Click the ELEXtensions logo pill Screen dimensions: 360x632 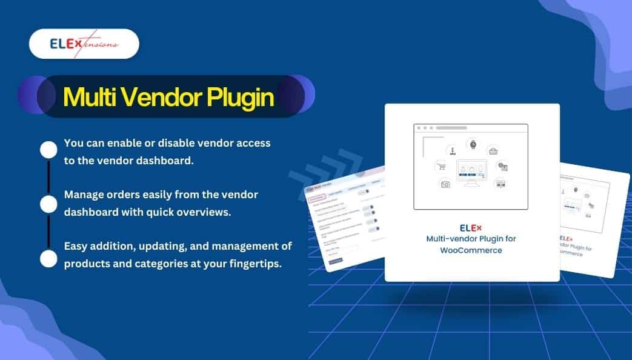pyautogui.click(x=84, y=44)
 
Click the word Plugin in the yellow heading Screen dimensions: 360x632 pyautogui.click(x=241, y=97)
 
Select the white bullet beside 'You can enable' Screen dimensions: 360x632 pyautogui.click(x=48, y=150)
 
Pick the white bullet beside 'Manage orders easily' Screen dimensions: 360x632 pyautogui.click(x=48, y=204)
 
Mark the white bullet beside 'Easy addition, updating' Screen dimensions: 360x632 pyautogui.click(x=48, y=258)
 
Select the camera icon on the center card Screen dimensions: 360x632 pyautogui.click(x=445, y=183)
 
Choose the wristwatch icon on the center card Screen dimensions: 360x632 pyautogui.click(x=472, y=144)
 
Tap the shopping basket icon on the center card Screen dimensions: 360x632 pyautogui.click(x=493, y=151)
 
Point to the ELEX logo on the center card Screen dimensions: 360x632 pyautogui.click(x=471, y=228)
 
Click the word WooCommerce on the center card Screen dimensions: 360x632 pyautogui.click(x=471, y=250)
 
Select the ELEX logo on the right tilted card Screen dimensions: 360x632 pyautogui.click(x=566, y=238)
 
